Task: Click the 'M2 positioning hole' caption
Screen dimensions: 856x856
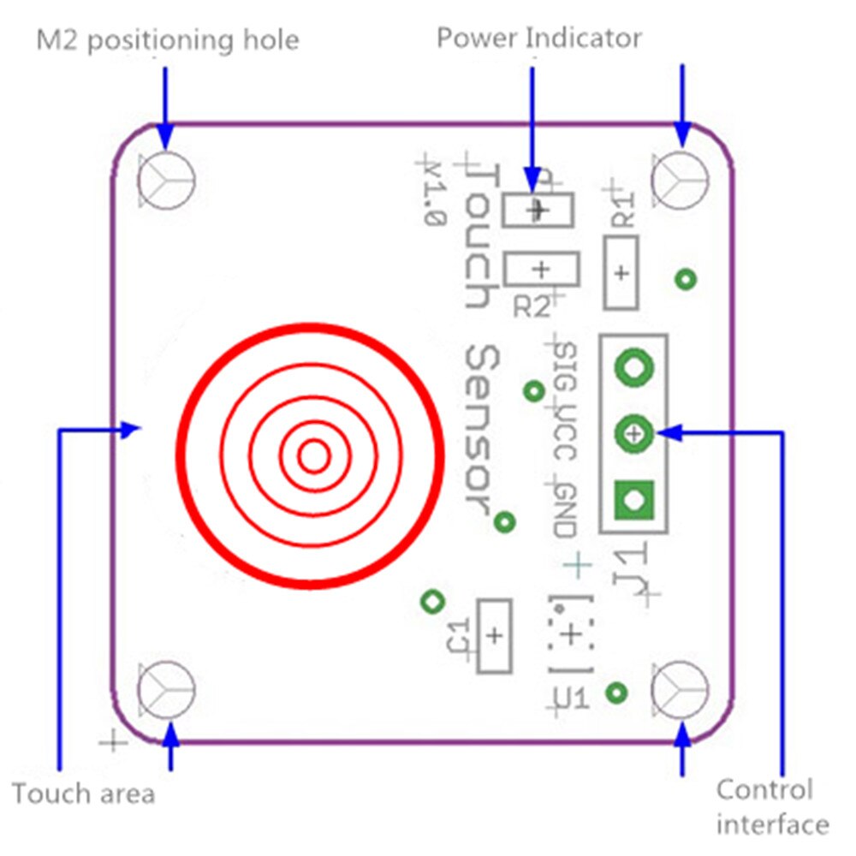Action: (168, 39)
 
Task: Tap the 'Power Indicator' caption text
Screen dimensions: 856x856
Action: (538, 38)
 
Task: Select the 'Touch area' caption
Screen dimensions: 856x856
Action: (84, 794)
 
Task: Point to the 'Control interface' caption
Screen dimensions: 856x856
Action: (770, 806)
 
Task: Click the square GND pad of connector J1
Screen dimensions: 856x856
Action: (634, 498)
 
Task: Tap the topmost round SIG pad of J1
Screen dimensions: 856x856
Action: (634, 368)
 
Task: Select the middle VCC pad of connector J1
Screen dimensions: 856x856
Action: (634, 434)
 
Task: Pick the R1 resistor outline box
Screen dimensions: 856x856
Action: (621, 273)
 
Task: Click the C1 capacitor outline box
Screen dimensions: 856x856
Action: (494, 636)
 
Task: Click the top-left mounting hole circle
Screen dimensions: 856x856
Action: (166, 181)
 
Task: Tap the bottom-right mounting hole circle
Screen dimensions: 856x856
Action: (681, 689)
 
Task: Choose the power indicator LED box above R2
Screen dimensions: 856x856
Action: (538, 209)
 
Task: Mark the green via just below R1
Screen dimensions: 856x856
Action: (686, 278)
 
